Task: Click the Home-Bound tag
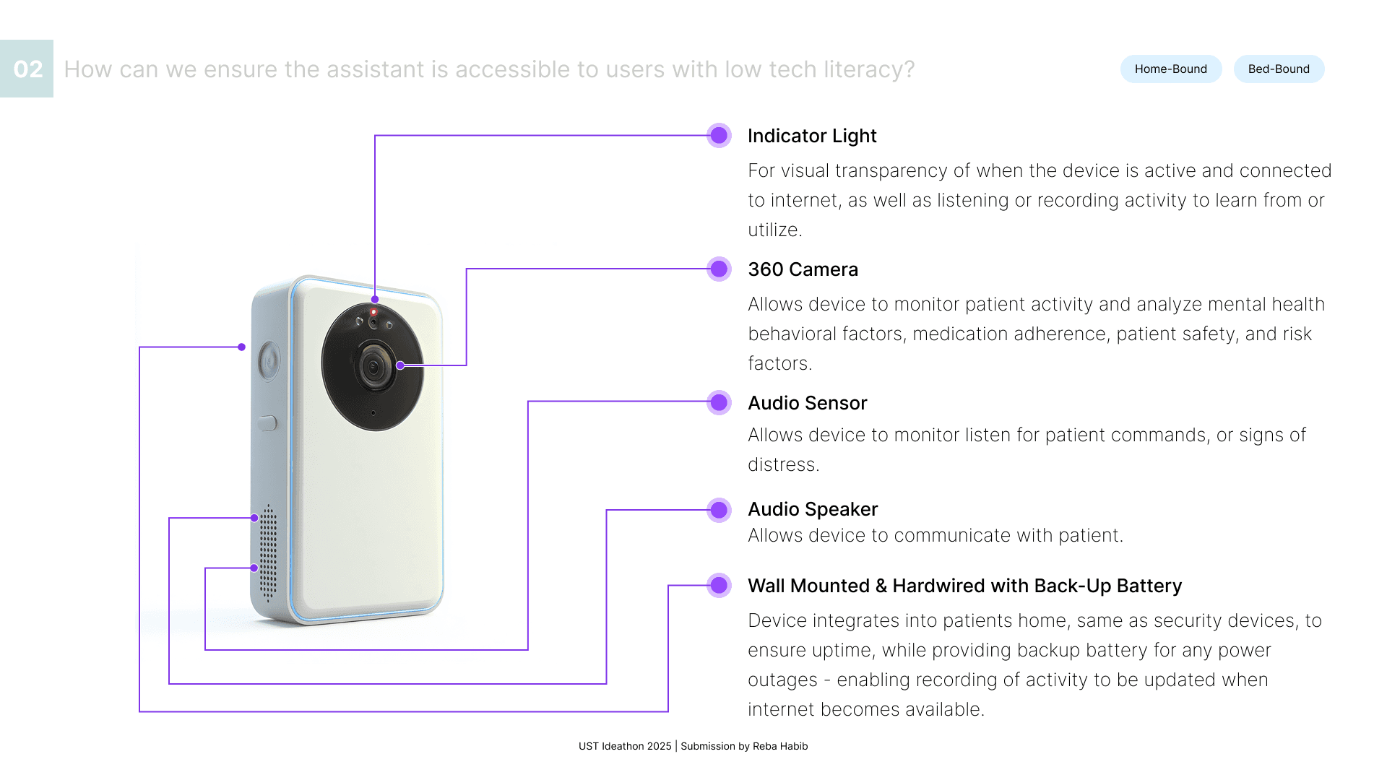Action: click(1170, 69)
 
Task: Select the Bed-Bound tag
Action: click(1279, 69)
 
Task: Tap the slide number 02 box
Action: click(27, 69)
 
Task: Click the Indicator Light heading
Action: click(812, 136)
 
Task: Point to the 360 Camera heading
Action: click(803, 269)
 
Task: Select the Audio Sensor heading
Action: click(807, 403)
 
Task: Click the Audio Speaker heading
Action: click(813, 509)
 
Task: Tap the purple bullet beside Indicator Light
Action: click(719, 135)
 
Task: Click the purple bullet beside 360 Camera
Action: click(719, 269)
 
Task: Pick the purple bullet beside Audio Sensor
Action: click(719, 402)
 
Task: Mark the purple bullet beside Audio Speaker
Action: click(719, 510)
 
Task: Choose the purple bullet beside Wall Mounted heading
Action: click(719, 585)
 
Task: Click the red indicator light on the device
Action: click(373, 312)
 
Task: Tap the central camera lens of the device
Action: click(373, 367)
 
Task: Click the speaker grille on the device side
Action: click(268, 552)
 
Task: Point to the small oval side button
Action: click(267, 422)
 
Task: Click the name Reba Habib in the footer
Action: click(780, 746)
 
